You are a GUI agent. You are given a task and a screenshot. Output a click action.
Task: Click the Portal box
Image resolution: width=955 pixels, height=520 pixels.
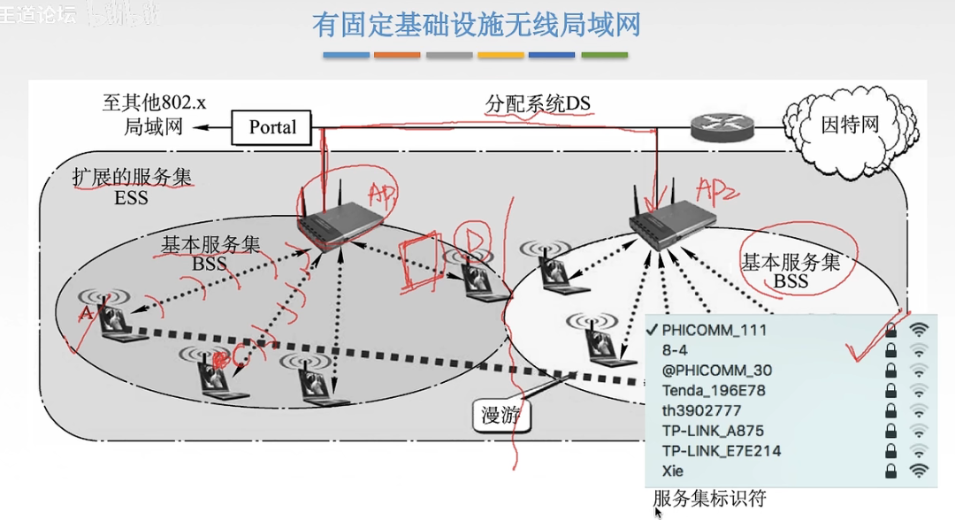coord(272,127)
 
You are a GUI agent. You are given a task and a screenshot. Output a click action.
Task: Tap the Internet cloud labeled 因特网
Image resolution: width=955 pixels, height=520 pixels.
coord(850,125)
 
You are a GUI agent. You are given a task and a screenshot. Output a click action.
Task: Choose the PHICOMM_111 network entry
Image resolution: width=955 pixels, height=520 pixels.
coord(714,330)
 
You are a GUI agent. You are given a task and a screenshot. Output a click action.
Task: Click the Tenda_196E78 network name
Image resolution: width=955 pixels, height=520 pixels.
coord(714,391)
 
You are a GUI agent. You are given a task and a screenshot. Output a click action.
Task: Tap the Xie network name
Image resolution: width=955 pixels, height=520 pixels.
coord(675,471)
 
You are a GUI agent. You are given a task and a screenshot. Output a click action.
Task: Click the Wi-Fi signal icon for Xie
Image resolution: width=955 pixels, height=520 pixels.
coord(921,471)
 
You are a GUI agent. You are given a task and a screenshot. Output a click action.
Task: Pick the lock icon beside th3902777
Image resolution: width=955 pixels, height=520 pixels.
coord(891,411)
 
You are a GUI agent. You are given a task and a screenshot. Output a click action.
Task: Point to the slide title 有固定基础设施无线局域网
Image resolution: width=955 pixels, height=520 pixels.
coord(476,25)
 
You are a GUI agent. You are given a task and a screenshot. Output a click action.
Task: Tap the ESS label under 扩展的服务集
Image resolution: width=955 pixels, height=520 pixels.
coord(131,197)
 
